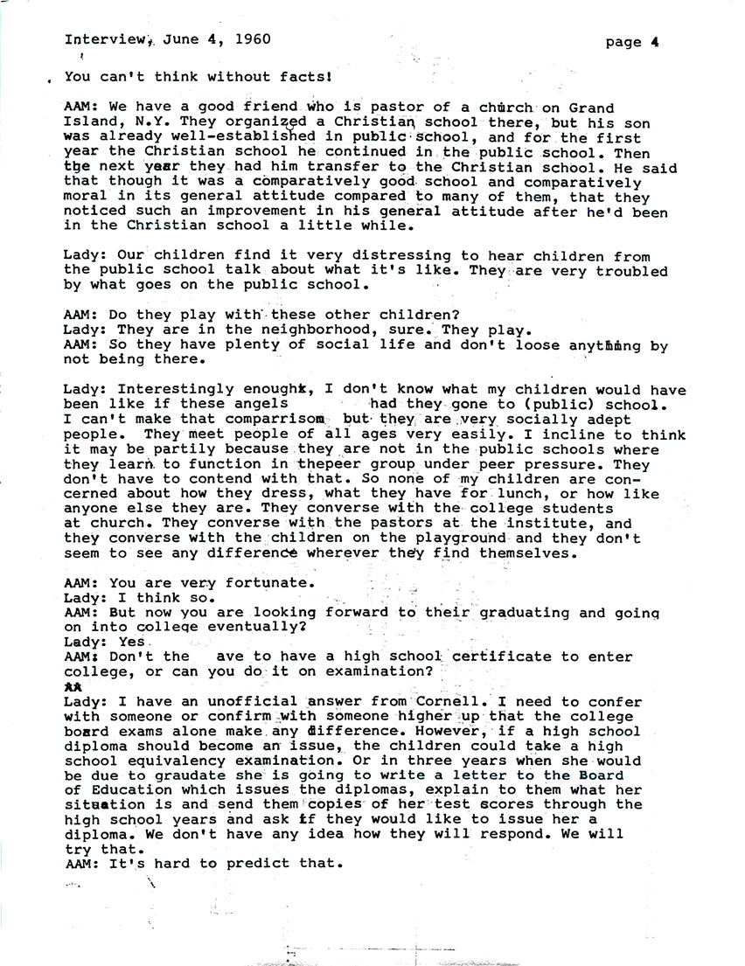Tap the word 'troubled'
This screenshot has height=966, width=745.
click(x=631, y=270)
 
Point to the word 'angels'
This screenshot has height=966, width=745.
click(x=260, y=405)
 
